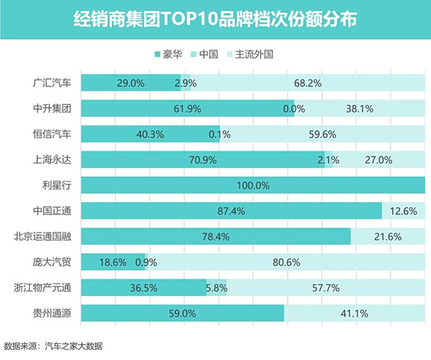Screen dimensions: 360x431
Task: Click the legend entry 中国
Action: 208,54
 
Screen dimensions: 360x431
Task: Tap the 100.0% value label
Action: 253,186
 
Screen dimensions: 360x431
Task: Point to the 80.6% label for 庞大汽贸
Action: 285,262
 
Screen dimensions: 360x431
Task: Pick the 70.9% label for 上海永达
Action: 203,160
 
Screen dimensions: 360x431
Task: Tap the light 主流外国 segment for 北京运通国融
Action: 387,236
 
